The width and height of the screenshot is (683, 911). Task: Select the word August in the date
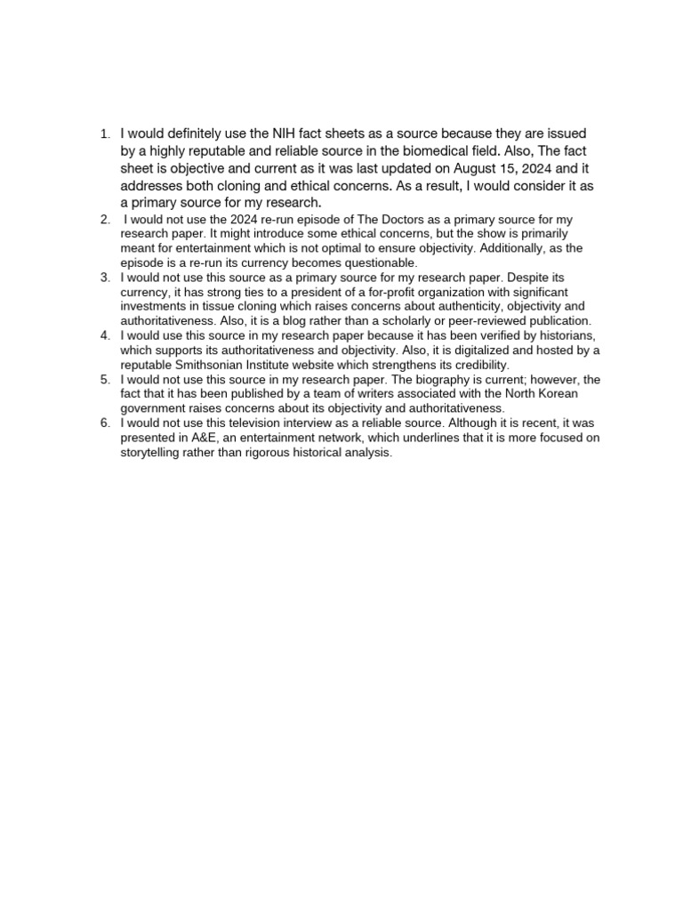pyautogui.click(x=478, y=168)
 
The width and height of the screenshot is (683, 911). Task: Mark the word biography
pyautogui.click(x=464, y=379)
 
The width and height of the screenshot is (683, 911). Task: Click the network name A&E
pyautogui.click(x=200, y=438)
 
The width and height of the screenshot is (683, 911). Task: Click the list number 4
pyautogui.click(x=105, y=335)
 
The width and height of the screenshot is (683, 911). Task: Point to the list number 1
pyautogui.click(x=105, y=133)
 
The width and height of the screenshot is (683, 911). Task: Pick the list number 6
pyautogui.click(x=105, y=423)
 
